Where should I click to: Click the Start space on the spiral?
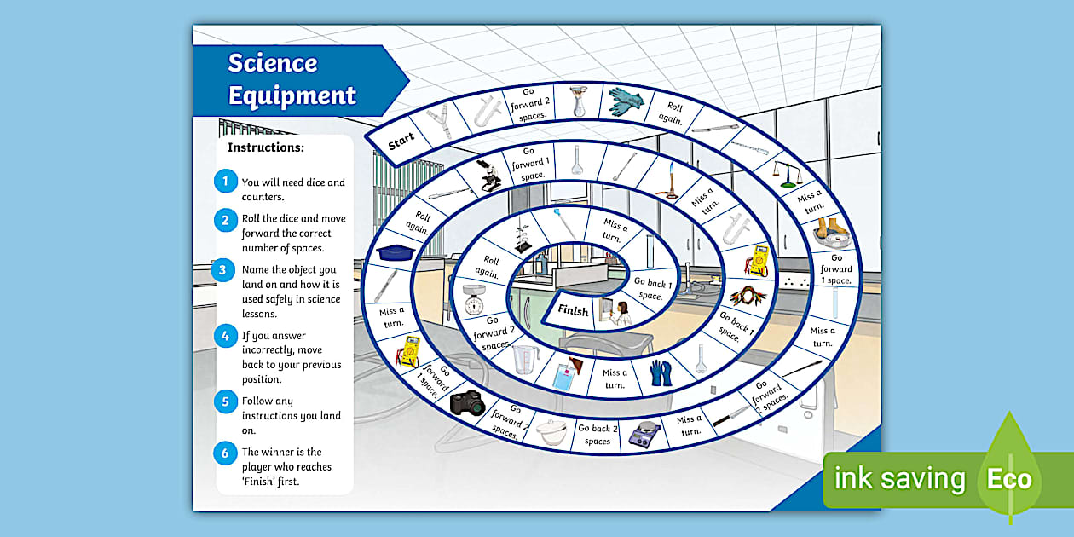click(x=401, y=141)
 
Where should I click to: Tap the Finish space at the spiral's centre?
click(x=573, y=311)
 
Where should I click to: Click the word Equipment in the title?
click(x=292, y=95)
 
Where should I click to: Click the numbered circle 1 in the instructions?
click(x=225, y=181)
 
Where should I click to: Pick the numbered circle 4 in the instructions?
click(x=225, y=336)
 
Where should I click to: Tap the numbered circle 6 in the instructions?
click(x=225, y=453)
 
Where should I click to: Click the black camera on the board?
click(x=467, y=401)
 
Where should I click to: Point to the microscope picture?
click(x=488, y=175)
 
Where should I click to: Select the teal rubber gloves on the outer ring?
click(x=626, y=101)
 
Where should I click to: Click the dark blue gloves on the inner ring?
click(x=661, y=372)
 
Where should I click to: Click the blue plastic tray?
click(x=396, y=252)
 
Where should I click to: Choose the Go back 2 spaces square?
click(x=598, y=435)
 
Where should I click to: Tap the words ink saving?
click(x=899, y=479)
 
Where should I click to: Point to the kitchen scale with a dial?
click(x=473, y=299)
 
